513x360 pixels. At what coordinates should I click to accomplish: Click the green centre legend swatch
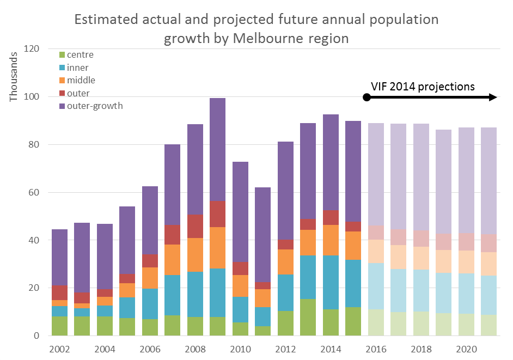tap(62, 55)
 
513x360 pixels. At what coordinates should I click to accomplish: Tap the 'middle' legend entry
tap(81, 81)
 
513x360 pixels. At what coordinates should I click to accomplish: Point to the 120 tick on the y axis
tap(32, 49)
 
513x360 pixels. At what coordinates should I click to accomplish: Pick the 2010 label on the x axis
tap(239, 349)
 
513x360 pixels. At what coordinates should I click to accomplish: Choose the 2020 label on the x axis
tap(466, 349)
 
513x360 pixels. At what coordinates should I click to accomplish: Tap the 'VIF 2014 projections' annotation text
tap(423, 86)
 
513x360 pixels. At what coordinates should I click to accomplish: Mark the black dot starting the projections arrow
tap(367, 97)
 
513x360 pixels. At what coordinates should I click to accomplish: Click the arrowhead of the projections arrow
tap(493, 97)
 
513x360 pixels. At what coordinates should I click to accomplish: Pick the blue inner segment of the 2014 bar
tap(330, 282)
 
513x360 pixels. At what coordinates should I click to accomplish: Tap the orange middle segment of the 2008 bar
tap(194, 255)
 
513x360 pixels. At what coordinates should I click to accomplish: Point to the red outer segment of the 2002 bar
tap(59, 292)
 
